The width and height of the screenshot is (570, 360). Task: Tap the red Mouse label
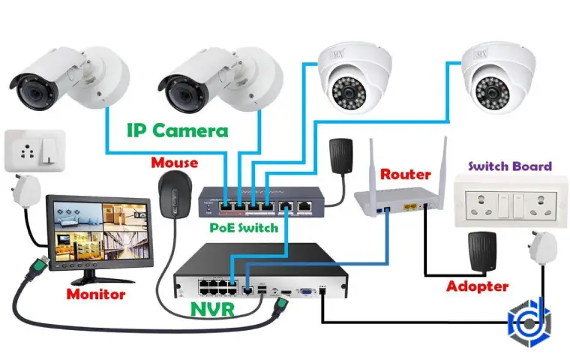(x=174, y=162)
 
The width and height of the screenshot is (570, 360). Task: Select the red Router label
(x=406, y=174)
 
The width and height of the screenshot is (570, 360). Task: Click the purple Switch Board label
(x=510, y=166)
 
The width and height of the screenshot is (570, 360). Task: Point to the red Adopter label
(x=477, y=286)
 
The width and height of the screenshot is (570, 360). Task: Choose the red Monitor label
(x=96, y=294)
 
